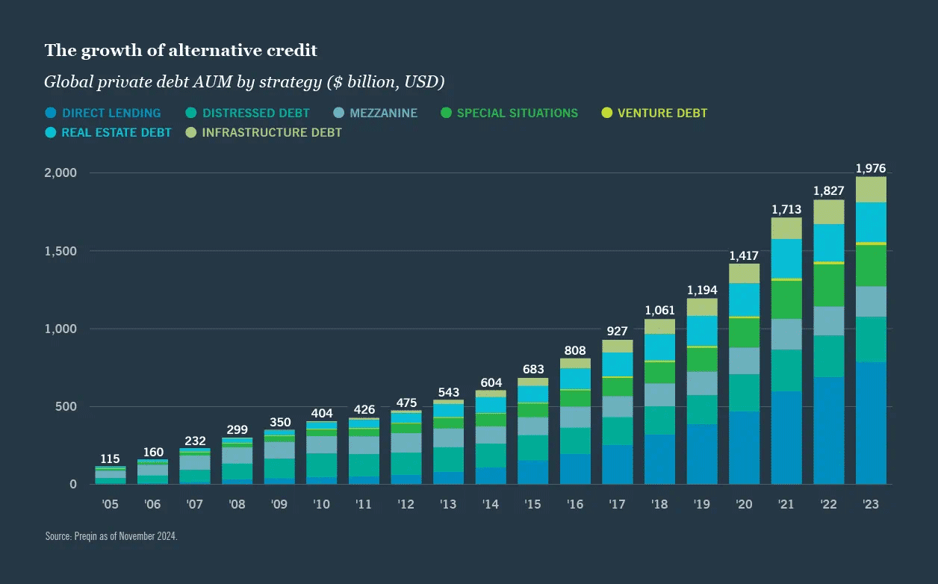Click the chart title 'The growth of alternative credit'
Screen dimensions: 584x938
click(181, 50)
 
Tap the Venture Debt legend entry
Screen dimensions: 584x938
click(654, 114)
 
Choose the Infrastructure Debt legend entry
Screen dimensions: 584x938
click(264, 133)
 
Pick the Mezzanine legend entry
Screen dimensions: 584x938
click(375, 114)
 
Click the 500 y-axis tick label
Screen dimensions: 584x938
click(66, 407)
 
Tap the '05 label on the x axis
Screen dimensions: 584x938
click(111, 505)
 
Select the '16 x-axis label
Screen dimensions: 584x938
click(575, 505)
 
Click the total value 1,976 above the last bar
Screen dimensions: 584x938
click(871, 169)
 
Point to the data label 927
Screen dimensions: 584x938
click(617, 331)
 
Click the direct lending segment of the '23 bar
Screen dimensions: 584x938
click(871, 423)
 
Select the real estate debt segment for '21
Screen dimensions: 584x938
click(786, 258)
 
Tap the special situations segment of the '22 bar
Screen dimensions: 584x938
click(828, 285)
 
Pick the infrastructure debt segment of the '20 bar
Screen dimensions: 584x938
click(744, 273)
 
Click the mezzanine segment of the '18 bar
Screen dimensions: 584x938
click(659, 395)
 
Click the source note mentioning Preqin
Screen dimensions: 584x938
click(111, 536)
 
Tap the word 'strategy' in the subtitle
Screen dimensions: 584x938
click(288, 81)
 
